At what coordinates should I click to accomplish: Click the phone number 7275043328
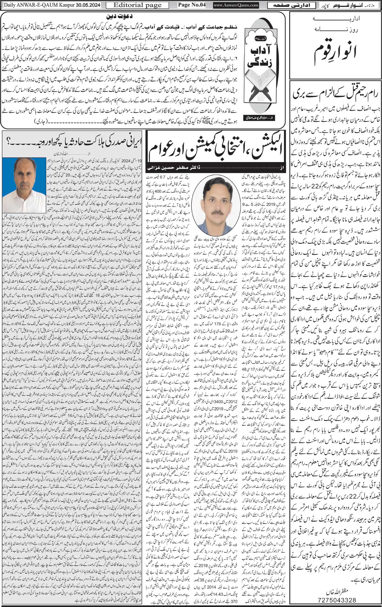[x=336, y=599]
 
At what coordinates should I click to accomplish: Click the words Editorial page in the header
[x=137, y=5]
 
